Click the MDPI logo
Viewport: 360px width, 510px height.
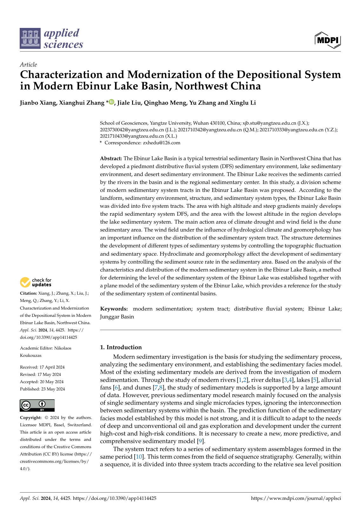328,40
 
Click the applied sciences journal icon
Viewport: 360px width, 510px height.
30,38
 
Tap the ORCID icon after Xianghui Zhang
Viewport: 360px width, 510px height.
111,102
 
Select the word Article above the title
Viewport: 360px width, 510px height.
28,64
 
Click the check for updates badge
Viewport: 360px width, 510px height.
36,282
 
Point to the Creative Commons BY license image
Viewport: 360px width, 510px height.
37,405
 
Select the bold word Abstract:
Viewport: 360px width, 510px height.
111,158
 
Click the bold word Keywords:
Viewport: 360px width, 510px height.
114,309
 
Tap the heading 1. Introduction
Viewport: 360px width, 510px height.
121,347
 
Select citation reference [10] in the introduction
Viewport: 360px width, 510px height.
139,457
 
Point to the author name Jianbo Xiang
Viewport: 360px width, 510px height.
38,103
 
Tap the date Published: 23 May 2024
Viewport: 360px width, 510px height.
42,389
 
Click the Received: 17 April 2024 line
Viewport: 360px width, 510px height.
42,367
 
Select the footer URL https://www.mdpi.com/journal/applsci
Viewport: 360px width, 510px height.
296,498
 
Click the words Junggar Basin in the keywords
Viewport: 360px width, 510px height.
117,317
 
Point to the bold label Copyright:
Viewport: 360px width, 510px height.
31,418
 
